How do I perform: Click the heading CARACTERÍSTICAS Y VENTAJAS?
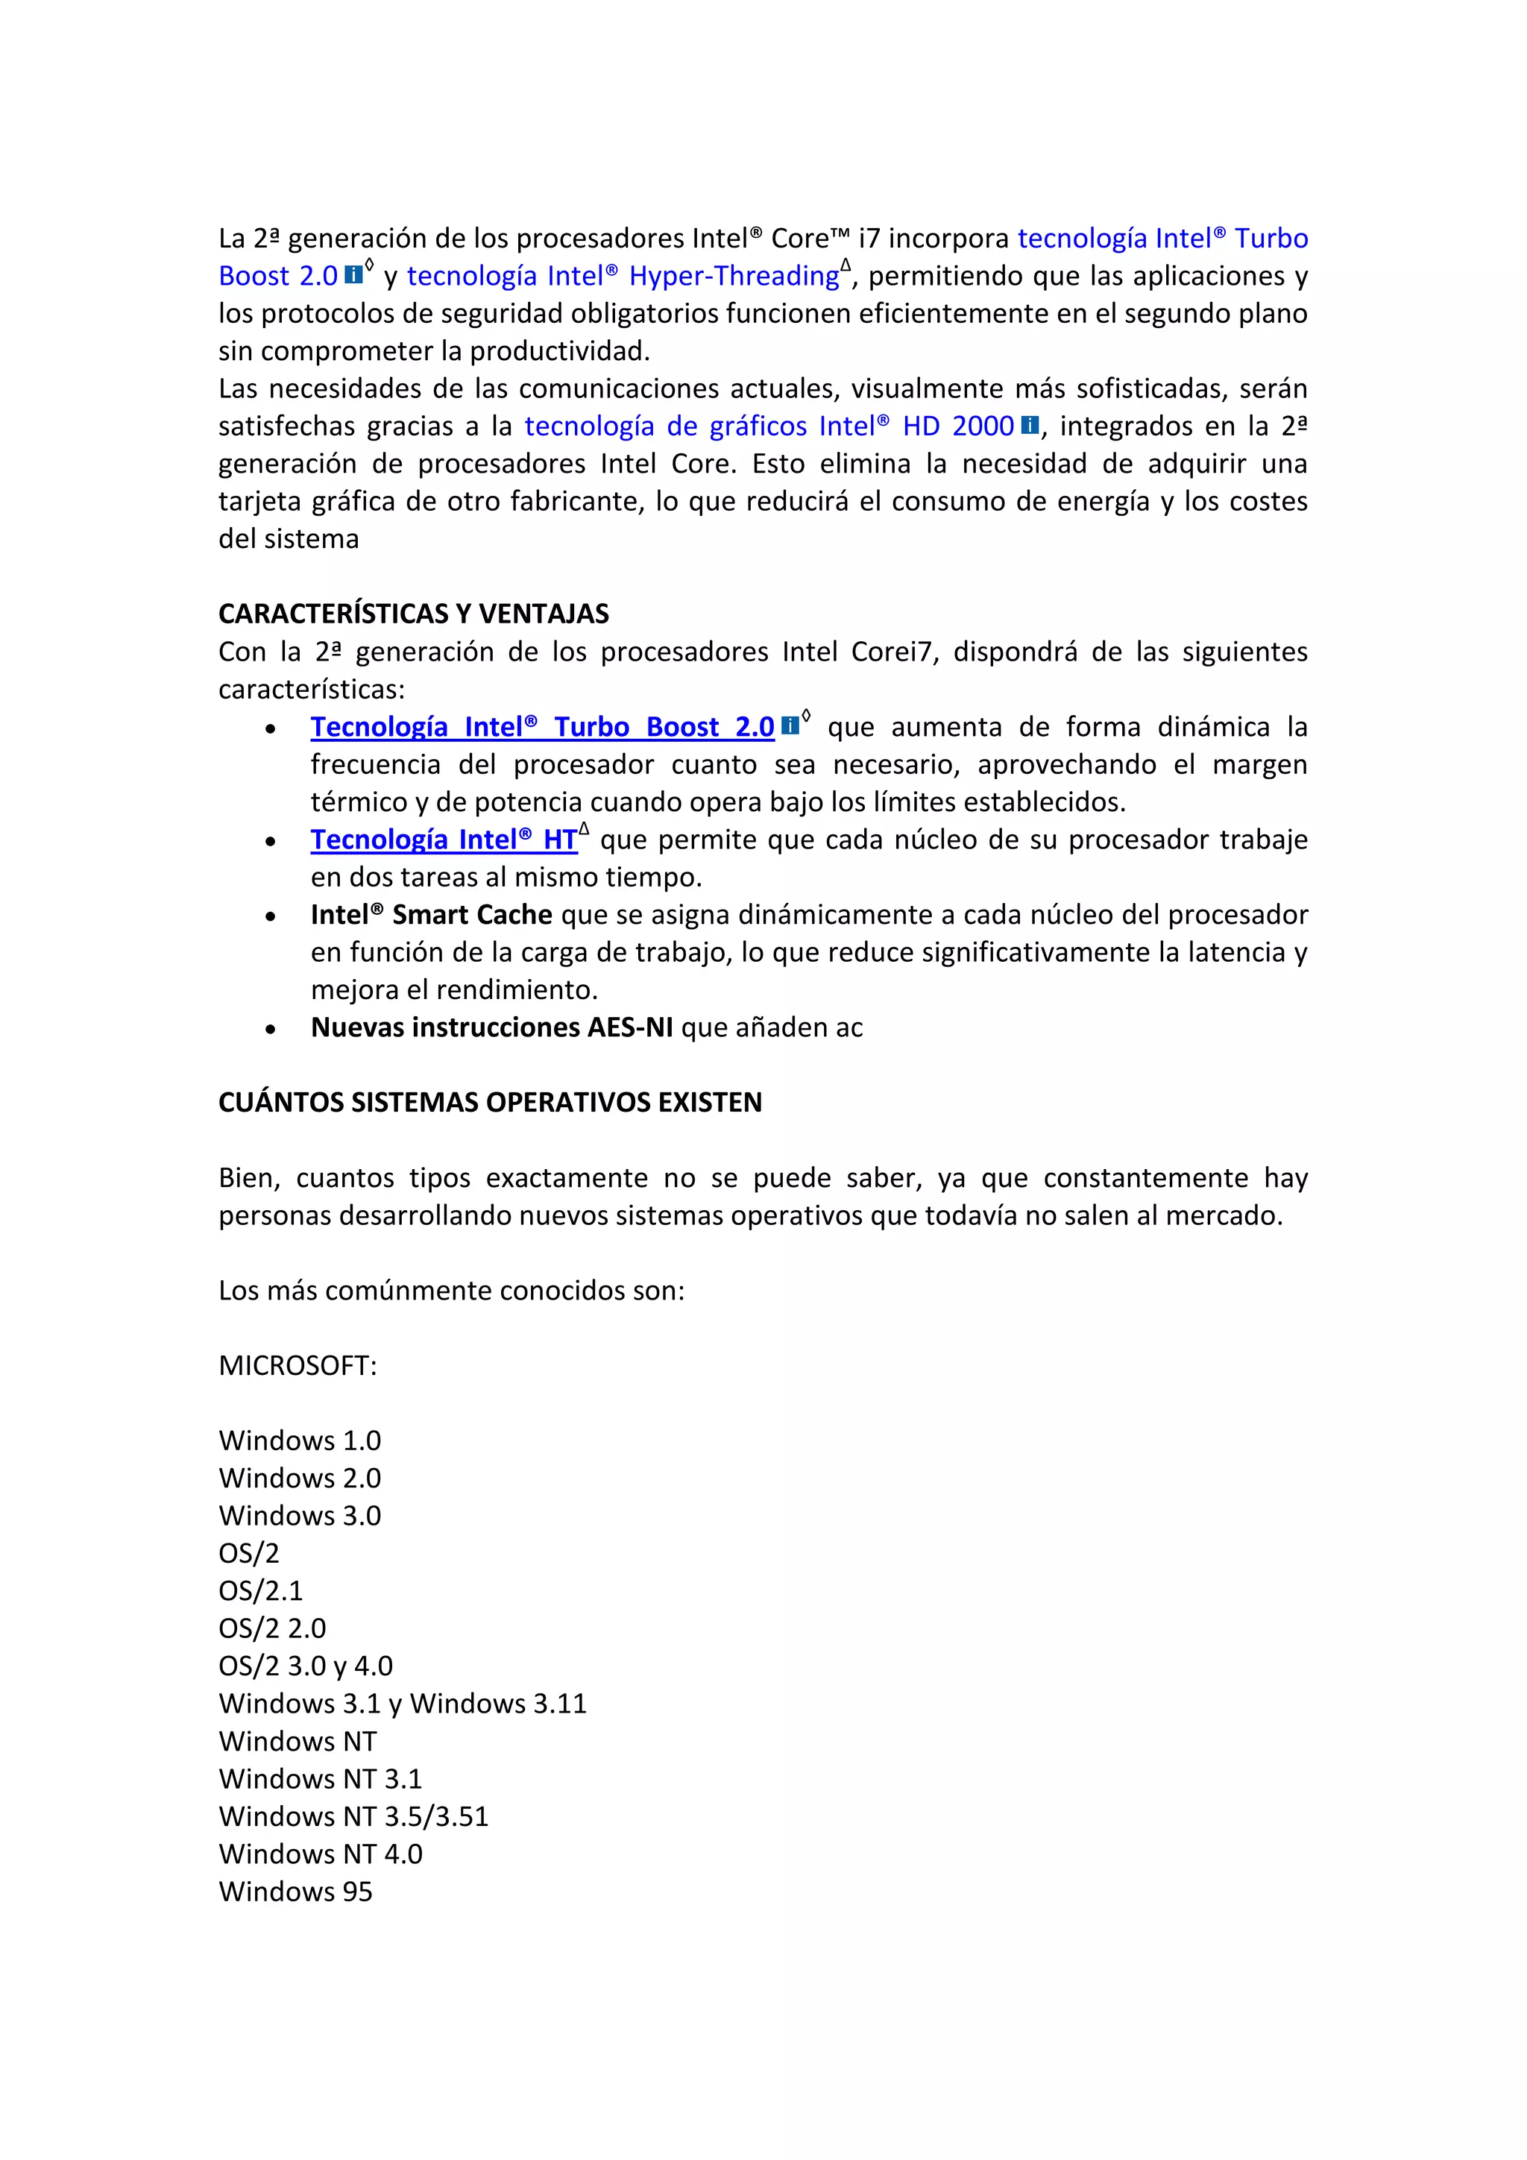click(413, 614)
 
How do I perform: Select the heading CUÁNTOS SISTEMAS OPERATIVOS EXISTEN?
click(489, 1103)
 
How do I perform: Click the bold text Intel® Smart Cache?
click(431, 916)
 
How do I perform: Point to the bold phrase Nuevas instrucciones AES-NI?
click(491, 1027)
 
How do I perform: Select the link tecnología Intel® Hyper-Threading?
click(622, 277)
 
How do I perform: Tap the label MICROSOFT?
click(297, 1366)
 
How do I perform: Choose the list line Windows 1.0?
click(299, 1440)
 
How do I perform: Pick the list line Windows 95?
click(295, 1892)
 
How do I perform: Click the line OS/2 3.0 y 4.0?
click(305, 1666)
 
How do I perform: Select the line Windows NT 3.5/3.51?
click(353, 1816)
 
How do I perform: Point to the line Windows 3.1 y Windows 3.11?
click(402, 1704)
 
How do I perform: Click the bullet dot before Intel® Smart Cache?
click(270, 916)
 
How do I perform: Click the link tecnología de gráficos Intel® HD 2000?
click(768, 427)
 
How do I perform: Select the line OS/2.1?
click(261, 1591)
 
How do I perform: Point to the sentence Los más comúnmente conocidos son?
click(452, 1291)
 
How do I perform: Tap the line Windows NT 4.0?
click(320, 1854)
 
